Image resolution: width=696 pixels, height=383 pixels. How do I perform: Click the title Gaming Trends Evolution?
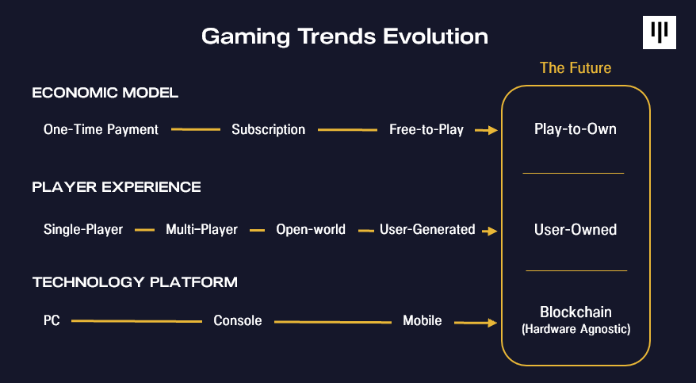[345, 36]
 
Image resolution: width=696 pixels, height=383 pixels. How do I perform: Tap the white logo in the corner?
[660, 33]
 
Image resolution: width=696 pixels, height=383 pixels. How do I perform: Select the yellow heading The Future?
[576, 68]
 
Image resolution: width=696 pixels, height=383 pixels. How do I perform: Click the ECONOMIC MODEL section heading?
[105, 93]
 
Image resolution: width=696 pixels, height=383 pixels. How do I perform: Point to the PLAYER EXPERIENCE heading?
[117, 187]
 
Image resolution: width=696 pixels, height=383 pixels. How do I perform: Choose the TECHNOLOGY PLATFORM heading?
[135, 282]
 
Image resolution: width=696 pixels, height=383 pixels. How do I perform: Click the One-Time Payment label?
[101, 129]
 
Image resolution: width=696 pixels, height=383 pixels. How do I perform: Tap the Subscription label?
[269, 129]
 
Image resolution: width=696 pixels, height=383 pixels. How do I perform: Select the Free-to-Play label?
[426, 129]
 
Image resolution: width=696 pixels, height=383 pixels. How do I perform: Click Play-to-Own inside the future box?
[576, 129]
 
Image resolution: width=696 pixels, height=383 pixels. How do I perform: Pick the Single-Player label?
[83, 229]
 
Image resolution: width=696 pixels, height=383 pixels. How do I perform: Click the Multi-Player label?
[201, 229]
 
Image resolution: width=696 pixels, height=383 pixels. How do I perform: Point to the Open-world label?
[311, 229]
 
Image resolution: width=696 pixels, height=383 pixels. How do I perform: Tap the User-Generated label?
[427, 229]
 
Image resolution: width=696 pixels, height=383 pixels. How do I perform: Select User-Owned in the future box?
[576, 229]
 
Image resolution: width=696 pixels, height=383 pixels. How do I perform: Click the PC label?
[52, 320]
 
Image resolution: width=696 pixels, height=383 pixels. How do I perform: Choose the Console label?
[238, 320]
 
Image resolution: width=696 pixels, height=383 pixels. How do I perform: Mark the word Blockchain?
[576, 312]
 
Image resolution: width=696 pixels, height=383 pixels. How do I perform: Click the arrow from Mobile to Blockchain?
[476, 323]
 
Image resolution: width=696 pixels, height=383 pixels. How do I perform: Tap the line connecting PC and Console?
[136, 321]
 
